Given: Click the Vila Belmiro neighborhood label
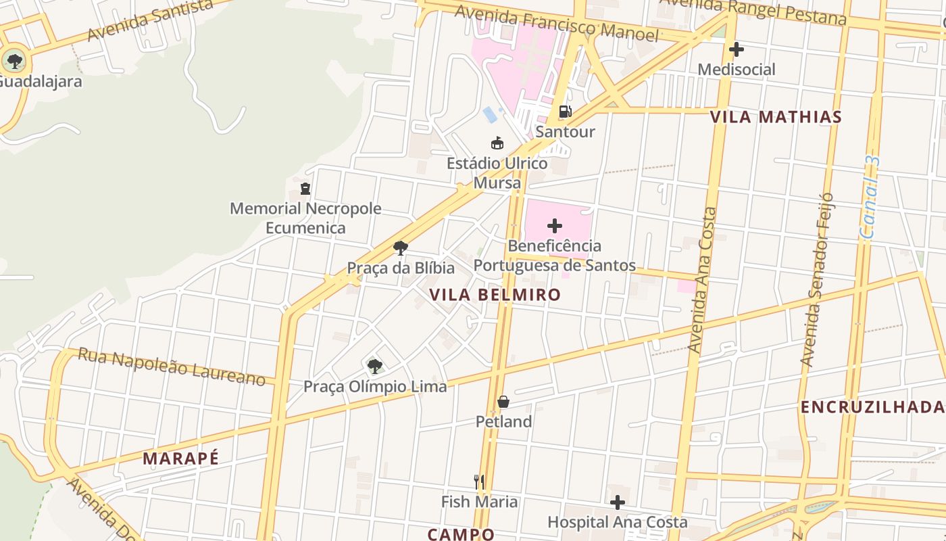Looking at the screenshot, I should click(x=495, y=295).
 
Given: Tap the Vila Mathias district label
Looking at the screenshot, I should click(x=776, y=117).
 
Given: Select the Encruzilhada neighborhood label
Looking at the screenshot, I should click(x=872, y=406).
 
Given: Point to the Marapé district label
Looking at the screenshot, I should click(x=180, y=458).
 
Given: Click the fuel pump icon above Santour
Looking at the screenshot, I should click(x=565, y=112).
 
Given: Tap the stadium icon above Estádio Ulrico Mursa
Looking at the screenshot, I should click(x=497, y=143).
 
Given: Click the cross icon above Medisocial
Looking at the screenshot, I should click(x=737, y=49).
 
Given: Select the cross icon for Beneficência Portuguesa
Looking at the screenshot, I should click(x=555, y=225).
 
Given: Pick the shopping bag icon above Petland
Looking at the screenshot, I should click(x=503, y=402).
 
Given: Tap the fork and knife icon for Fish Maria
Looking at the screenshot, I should click(x=479, y=481).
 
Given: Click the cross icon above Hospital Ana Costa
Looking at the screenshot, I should click(x=617, y=502).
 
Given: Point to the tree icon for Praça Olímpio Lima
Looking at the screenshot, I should click(x=374, y=367).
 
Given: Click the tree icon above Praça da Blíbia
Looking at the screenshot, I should click(x=401, y=248).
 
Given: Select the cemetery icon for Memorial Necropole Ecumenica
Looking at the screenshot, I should click(x=305, y=188).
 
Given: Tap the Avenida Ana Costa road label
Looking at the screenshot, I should click(x=703, y=280).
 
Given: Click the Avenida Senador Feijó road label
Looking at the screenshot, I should click(x=816, y=280).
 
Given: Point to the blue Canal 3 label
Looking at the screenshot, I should click(x=871, y=197).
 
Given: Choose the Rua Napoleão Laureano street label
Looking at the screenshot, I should click(x=172, y=367).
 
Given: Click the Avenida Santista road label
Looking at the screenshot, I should click(x=150, y=20).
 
